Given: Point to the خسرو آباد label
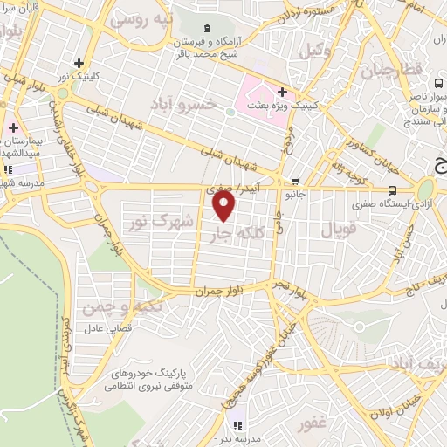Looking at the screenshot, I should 183,105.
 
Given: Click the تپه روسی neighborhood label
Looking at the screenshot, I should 146,17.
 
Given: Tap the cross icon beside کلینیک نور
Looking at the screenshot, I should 80,63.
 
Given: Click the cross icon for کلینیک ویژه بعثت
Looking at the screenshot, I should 282,92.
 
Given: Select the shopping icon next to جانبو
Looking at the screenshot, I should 295,182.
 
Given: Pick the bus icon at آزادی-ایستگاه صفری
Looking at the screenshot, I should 392,189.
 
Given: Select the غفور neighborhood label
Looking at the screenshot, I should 312,425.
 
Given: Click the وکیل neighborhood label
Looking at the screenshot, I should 315,52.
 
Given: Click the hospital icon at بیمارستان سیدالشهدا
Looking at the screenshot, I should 13,128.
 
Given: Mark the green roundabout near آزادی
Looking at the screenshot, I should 426,189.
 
